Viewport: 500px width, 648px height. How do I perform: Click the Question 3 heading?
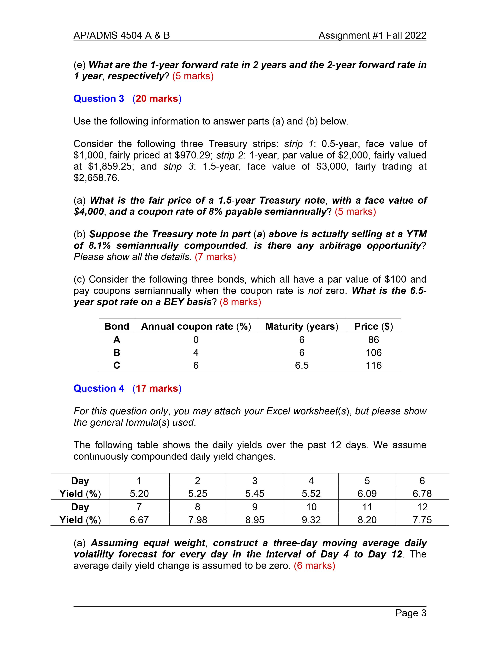tap(99, 99)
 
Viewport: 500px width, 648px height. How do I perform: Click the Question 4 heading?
tap(99, 388)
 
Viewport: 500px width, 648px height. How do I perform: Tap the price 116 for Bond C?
tap(374, 365)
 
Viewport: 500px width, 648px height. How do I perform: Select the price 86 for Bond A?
tap(374, 340)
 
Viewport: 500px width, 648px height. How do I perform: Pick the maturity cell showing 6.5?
tap(302, 365)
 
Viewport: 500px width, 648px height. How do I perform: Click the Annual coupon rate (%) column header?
tap(196, 326)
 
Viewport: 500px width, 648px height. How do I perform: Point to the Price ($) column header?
tap(374, 326)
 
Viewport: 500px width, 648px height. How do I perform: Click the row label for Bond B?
tap(117, 352)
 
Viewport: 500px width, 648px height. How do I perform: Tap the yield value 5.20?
tap(139, 494)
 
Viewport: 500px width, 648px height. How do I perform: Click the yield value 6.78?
tap(422, 494)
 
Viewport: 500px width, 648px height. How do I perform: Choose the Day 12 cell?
tap(422, 507)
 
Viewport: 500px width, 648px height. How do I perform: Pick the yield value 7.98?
tap(198, 520)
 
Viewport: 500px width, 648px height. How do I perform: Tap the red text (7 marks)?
tap(215, 257)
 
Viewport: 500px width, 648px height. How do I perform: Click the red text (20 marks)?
tap(157, 99)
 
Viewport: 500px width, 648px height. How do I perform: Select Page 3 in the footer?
tap(411, 613)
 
